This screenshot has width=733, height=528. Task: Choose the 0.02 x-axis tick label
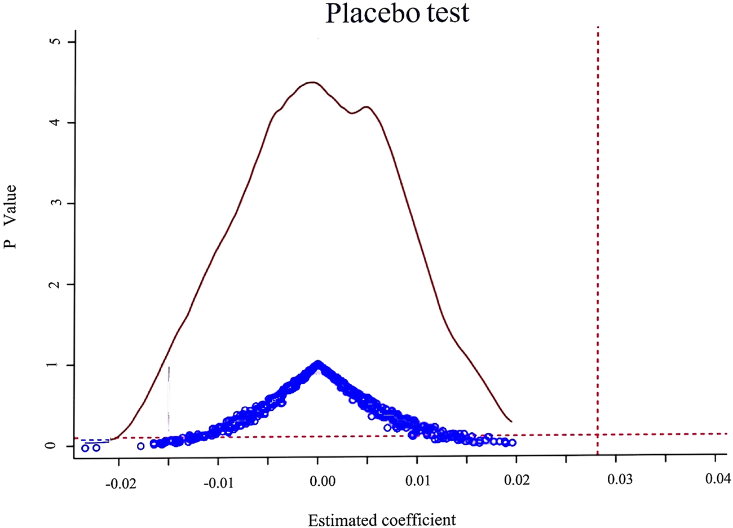[516, 480]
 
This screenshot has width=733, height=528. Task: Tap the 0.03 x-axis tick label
[619, 480]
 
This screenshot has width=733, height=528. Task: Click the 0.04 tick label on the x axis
[718, 480]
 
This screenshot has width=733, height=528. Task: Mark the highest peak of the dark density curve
[312, 82]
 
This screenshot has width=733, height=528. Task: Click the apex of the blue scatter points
[318, 364]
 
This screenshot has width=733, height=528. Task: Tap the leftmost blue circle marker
[85, 448]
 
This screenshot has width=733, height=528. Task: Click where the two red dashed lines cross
[598, 434]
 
